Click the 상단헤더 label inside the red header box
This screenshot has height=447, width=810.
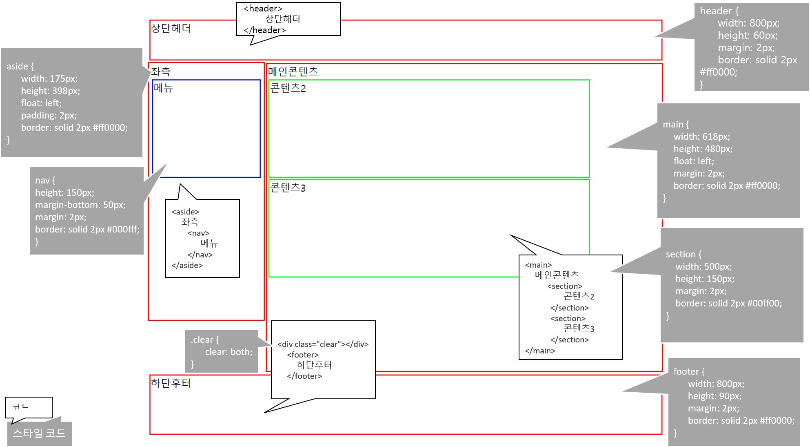171,29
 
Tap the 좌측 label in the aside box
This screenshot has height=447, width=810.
161,72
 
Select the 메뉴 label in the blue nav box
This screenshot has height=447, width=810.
163,88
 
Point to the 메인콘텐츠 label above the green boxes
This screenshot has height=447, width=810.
293,72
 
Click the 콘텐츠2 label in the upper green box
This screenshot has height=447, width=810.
288,88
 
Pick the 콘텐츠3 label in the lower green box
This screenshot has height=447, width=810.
288,188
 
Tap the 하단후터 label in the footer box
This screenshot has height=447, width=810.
171,383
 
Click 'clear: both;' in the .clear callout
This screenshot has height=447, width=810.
229,352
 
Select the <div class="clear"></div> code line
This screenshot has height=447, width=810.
323,344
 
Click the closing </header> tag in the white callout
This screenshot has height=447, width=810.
264,30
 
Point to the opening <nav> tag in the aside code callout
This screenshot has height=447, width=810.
198,233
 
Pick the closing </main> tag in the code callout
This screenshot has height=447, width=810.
540,351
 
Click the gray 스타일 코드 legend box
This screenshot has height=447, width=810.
39,433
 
